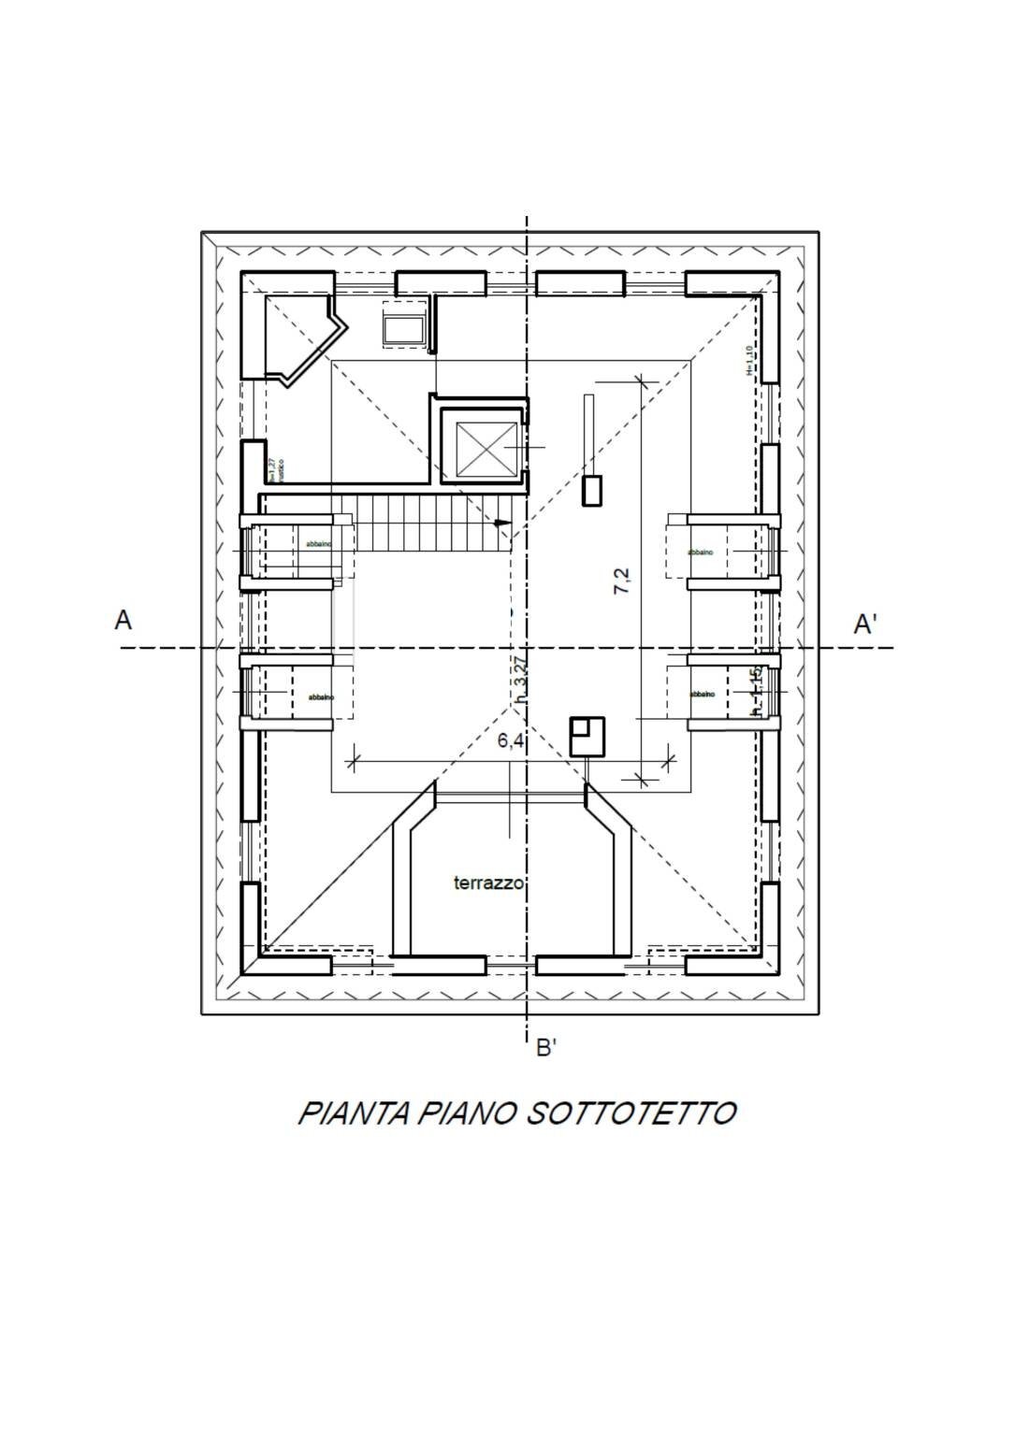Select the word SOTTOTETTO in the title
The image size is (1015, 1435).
631,1113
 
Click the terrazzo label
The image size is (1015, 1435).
488,883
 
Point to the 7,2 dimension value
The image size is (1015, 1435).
622,581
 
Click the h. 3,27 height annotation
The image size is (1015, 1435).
522,679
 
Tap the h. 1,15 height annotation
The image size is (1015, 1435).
757,692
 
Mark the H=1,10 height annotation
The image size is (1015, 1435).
749,361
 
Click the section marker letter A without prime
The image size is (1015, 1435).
123,620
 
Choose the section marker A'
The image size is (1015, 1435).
865,624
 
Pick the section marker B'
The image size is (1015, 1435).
546,1048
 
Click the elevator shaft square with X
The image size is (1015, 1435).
486,449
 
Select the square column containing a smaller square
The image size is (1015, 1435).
587,736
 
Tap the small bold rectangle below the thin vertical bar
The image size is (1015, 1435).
592,491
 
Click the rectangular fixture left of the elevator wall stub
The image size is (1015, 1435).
405,327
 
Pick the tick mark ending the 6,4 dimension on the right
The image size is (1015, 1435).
668,760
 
